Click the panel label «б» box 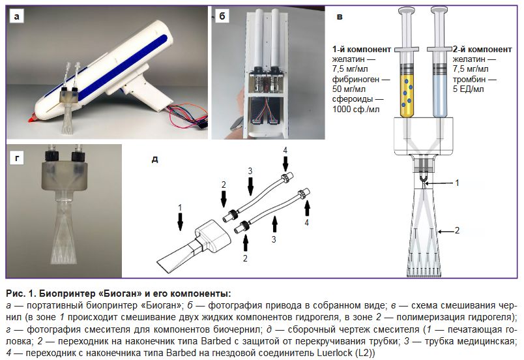(x=222, y=16)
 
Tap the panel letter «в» (x=340, y=15)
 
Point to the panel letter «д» (x=154, y=158)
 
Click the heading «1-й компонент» (x=361, y=50)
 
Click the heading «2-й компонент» (x=480, y=50)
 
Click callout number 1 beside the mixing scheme (x=457, y=183)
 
